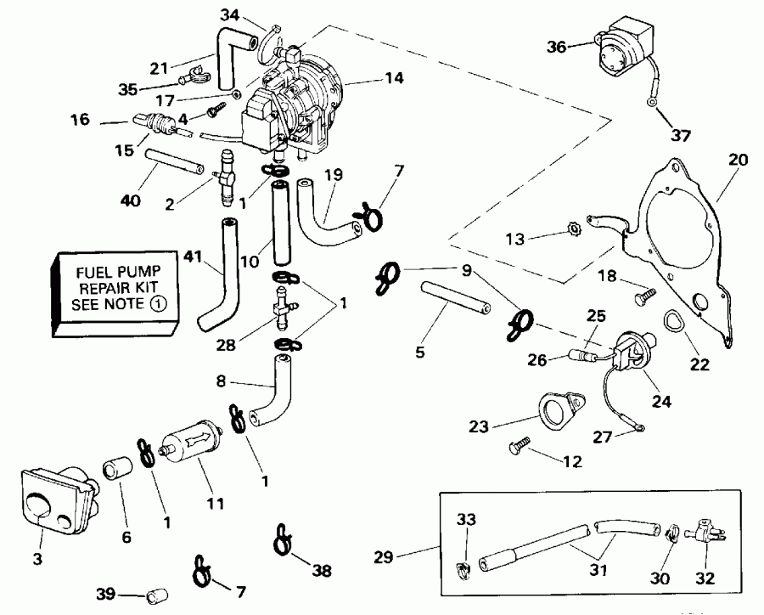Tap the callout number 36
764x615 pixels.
click(556, 47)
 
